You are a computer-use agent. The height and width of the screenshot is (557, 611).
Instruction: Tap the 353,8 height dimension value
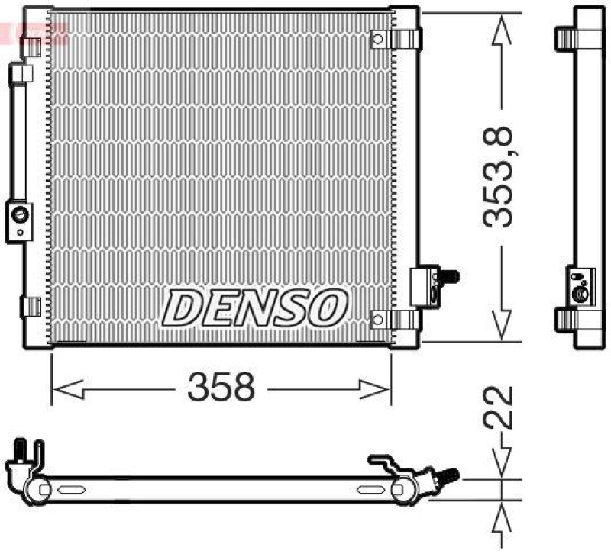[x=500, y=177]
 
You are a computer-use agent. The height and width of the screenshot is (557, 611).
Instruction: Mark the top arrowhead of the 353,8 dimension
[x=501, y=31]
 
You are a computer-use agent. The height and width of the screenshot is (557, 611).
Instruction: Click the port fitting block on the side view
[x=580, y=285]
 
